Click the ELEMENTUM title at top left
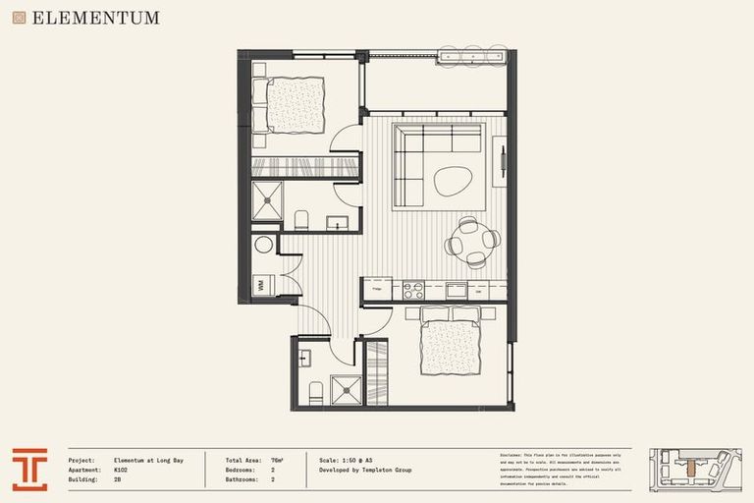coord(94,18)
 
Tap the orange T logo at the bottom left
coord(29,469)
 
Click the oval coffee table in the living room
coord(454,180)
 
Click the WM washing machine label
coord(261,285)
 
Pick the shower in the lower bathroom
coord(346,391)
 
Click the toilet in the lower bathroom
coord(316,393)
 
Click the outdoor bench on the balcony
coord(472,56)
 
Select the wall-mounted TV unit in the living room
coord(501,159)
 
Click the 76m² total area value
coord(277,460)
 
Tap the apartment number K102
coord(122,471)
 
